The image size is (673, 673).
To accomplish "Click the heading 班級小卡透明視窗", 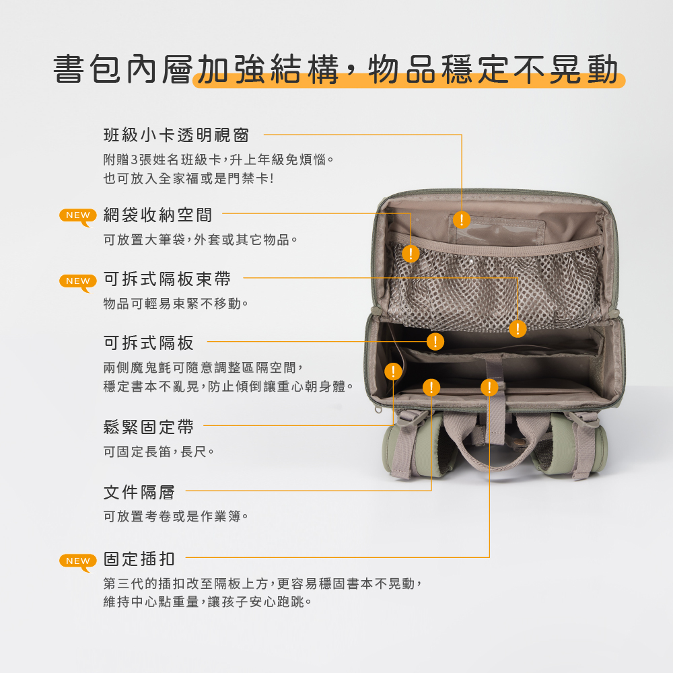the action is [176, 135].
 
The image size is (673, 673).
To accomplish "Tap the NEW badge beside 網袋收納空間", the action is [77, 216].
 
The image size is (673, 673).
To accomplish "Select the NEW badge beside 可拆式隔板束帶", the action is [77, 281].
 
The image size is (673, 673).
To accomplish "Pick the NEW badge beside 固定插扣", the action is [77, 561].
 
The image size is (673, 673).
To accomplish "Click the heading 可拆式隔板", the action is [149, 343].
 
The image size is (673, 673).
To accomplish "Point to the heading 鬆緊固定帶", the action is [149, 427].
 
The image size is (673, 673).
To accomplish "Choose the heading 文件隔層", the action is [139, 493].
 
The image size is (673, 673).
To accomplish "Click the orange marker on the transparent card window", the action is [462, 220].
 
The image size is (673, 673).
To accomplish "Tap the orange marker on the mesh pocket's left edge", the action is [411, 254].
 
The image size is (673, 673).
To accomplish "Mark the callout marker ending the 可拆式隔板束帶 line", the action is [518, 329].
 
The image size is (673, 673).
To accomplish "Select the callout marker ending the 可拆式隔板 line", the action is [435, 342].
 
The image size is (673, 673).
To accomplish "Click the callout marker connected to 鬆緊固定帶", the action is [393, 371].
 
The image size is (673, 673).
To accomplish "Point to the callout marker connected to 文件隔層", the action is [431, 388].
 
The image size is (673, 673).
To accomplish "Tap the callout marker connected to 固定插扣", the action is [489, 388].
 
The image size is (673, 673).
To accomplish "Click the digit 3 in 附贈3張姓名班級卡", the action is [134, 160].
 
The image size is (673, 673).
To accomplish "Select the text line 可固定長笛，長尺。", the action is [159, 452].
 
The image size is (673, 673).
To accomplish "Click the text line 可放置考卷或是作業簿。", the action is [176, 516].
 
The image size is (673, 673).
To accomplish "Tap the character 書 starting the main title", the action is [68, 69].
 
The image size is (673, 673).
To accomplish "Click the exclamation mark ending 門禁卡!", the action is [272, 178].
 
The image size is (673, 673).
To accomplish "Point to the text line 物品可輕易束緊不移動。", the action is [176, 304].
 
